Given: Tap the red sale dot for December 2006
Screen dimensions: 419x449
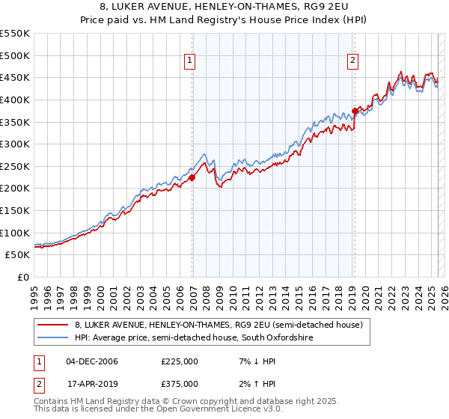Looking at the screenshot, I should [192, 177].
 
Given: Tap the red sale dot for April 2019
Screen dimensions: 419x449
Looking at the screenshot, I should [355, 111].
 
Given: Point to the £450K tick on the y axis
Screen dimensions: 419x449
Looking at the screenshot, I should [16, 77].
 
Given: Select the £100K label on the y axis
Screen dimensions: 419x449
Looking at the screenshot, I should [16, 233].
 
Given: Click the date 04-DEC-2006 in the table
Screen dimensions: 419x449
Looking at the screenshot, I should [92, 361].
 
